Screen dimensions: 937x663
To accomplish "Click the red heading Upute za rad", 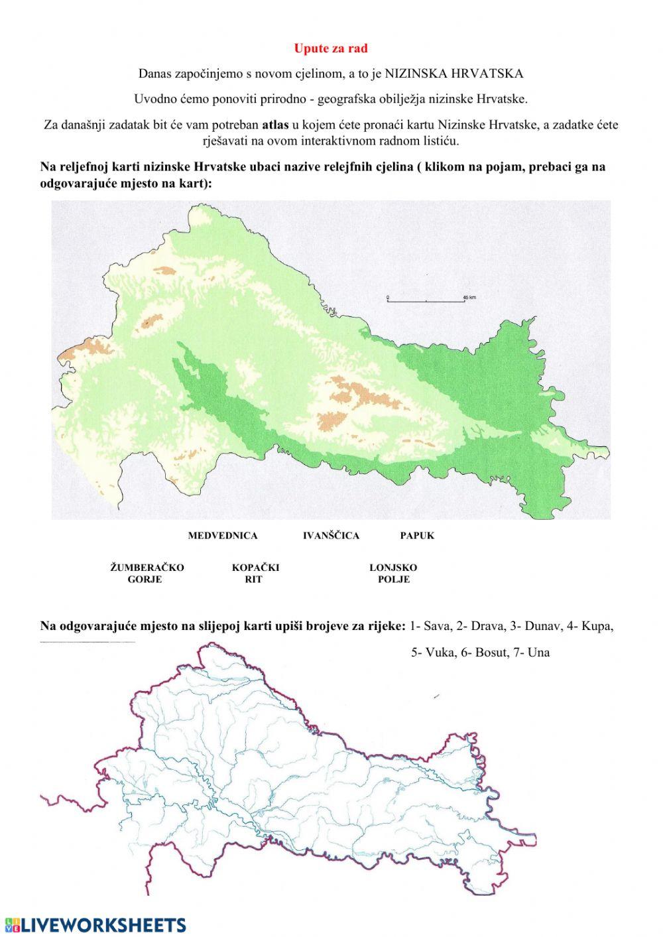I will point(330,48).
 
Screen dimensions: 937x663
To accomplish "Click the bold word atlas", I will point(276,124).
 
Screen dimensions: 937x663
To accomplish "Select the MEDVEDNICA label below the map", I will point(222,535).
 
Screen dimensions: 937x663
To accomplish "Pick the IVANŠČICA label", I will point(331,535).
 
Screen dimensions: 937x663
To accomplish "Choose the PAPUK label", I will point(417,535).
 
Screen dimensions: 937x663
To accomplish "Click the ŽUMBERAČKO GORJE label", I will point(147,574).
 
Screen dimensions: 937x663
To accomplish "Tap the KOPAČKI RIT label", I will point(255,574).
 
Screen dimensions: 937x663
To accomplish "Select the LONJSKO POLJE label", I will point(393,574).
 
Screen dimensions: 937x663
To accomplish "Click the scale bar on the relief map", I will point(424,301).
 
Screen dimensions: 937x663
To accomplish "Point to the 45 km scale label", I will point(469,297).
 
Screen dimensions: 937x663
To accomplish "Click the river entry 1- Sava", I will point(430,626).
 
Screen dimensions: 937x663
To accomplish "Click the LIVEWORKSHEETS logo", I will point(95,925).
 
